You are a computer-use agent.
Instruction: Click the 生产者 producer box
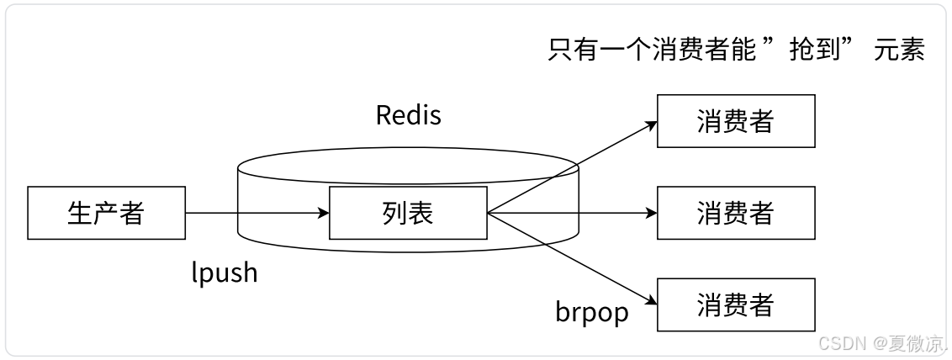[x=106, y=213]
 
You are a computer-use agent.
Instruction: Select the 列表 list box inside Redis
[x=407, y=213]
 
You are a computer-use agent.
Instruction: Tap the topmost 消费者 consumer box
[x=735, y=121]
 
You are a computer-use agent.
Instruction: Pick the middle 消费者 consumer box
[x=735, y=213]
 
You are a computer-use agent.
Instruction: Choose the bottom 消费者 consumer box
[x=735, y=304]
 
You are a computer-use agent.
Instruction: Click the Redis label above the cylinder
[x=408, y=115]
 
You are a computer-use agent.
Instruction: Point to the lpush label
[x=225, y=273]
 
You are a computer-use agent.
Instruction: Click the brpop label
[x=591, y=312]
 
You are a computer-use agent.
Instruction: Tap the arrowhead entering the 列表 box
[x=323, y=213]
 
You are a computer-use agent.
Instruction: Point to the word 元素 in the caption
[x=899, y=50]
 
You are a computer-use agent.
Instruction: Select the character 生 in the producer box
[x=80, y=213]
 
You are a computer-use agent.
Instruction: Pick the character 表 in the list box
[x=420, y=213]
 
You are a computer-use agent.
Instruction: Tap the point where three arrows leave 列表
[x=488, y=213]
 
